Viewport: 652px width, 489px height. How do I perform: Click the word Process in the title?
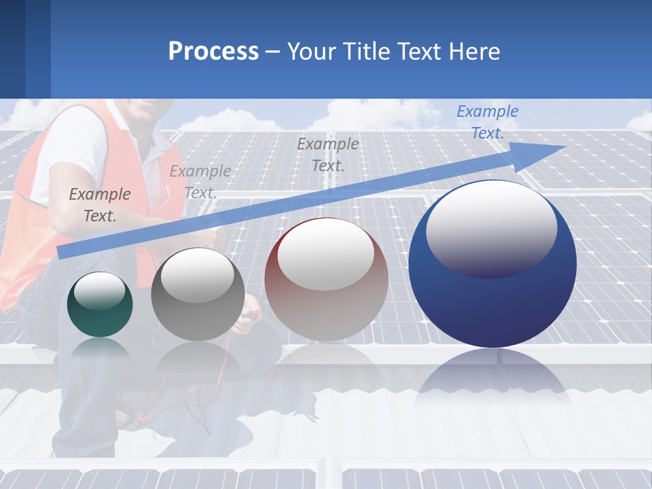coord(213,52)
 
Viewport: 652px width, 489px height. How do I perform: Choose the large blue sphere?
coord(492,299)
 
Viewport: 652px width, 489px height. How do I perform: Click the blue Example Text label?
coord(487,122)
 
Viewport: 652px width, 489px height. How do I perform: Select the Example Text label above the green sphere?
coord(100,205)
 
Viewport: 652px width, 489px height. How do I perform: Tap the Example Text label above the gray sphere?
coord(200,182)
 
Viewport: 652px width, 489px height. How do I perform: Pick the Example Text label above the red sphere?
coord(328,154)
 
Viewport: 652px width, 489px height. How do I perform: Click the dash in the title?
coord(272,52)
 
